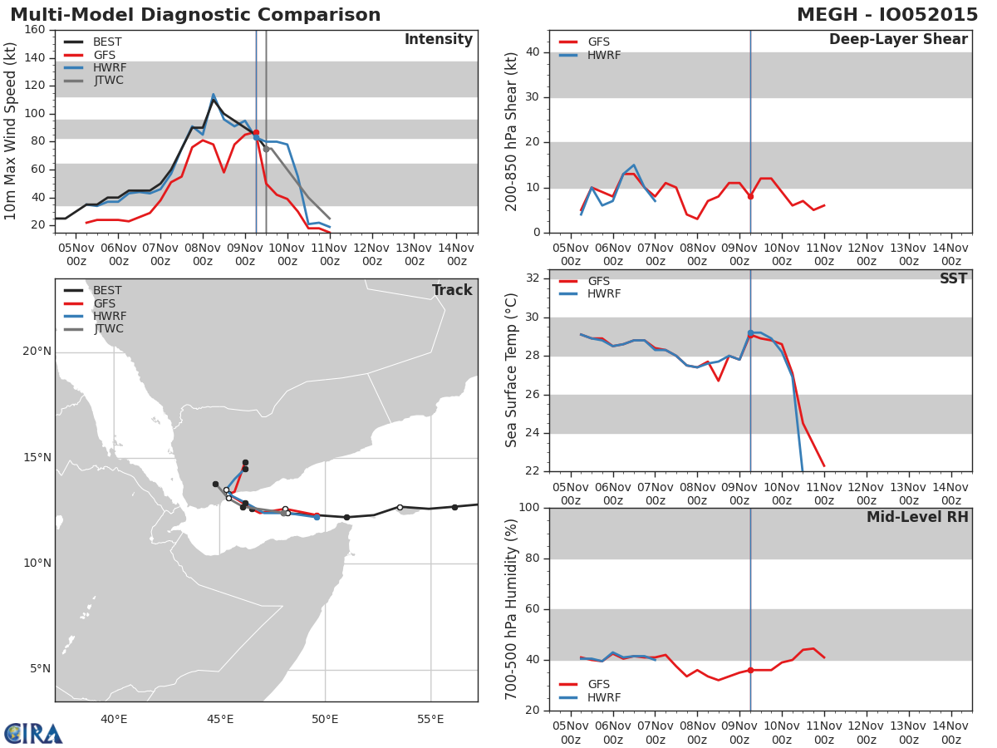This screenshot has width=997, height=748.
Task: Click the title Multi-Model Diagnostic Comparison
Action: pos(195,15)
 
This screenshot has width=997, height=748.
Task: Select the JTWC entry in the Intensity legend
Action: pos(108,81)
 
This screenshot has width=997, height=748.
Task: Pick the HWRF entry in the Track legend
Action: pos(110,317)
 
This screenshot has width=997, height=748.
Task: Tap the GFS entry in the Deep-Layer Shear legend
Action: pos(598,42)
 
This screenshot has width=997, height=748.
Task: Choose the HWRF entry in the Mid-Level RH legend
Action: pos(604,698)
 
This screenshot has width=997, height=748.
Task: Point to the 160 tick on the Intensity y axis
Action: pos(35,30)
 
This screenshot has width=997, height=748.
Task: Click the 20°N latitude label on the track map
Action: pos(37,352)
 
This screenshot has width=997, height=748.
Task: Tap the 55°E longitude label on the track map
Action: pos(430,719)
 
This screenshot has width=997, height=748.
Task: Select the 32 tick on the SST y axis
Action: pos(531,278)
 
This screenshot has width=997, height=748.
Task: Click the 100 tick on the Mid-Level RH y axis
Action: pos(528,508)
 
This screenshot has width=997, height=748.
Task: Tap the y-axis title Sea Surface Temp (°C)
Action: pos(512,371)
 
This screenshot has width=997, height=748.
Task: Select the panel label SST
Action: pos(953,279)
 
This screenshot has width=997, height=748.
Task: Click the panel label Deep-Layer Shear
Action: pos(898,40)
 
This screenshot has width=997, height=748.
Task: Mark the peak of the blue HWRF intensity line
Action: pos(213,95)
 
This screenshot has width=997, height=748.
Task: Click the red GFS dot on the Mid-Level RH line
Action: pos(750,670)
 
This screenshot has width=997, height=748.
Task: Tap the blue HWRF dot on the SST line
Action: pos(750,332)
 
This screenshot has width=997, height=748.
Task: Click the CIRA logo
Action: pos(33,733)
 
